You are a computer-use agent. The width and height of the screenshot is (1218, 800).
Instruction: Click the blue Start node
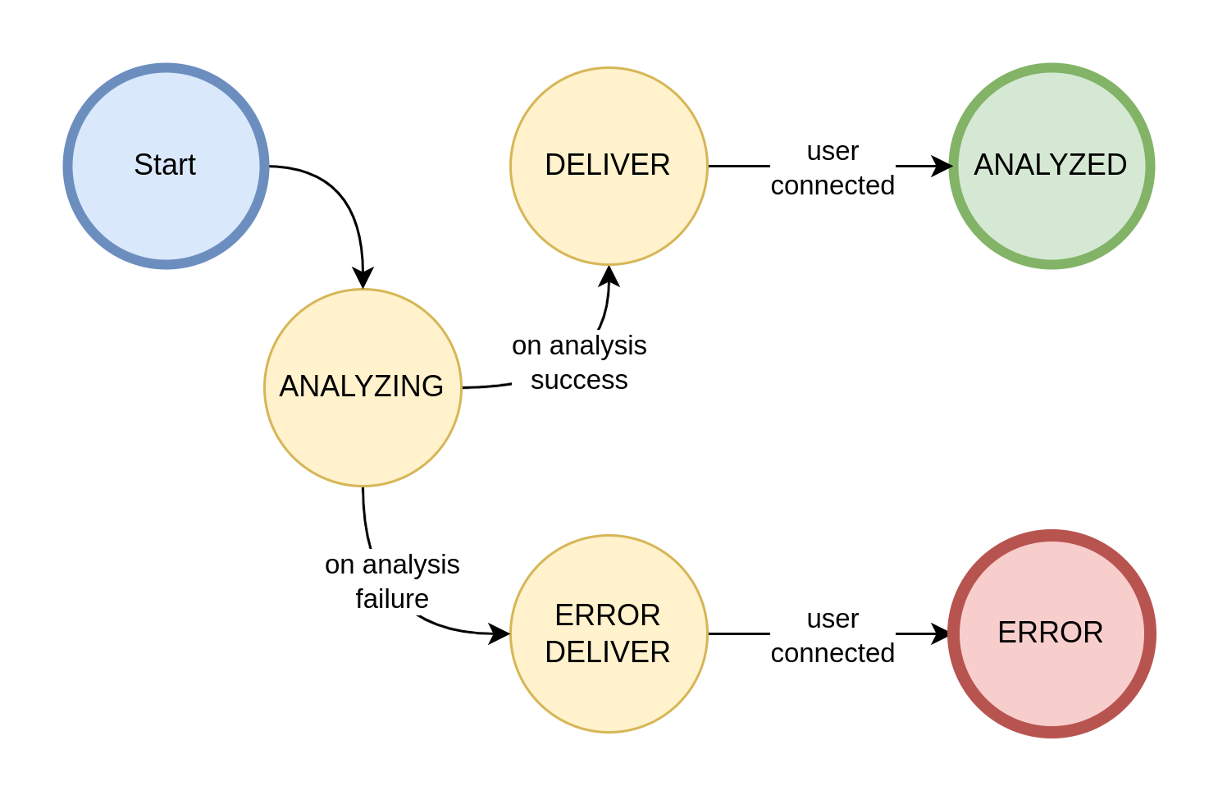click(x=166, y=166)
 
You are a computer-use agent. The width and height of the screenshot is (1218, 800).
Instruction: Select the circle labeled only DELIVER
click(x=609, y=166)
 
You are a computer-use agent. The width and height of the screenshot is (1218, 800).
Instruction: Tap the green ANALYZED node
click(x=1051, y=166)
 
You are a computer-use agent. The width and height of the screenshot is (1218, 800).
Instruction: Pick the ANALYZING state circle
click(x=363, y=387)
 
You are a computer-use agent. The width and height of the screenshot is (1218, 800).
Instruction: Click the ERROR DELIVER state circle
click(x=609, y=633)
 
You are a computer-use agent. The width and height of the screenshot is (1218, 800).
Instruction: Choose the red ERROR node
click(x=1051, y=633)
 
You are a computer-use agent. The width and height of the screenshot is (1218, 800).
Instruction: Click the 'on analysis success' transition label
click(x=579, y=363)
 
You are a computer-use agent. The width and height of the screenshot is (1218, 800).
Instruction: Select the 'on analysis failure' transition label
click(x=392, y=582)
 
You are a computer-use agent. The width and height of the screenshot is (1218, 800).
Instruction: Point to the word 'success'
click(x=579, y=380)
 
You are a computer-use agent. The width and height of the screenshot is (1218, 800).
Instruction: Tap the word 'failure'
click(x=392, y=599)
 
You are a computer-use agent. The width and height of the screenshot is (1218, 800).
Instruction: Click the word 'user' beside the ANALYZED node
click(x=833, y=152)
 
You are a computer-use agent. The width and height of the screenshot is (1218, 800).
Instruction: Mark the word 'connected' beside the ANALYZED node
click(x=833, y=185)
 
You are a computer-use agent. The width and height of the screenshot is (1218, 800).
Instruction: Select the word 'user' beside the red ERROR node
click(x=833, y=619)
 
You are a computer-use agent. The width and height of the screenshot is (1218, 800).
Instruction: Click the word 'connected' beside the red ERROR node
click(x=833, y=653)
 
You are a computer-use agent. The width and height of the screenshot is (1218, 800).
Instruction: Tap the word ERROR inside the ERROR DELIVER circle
click(x=607, y=615)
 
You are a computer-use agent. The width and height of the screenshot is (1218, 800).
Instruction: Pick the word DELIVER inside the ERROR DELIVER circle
click(x=607, y=652)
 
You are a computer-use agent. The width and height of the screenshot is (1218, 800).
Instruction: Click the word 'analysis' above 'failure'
click(x=411, y=565)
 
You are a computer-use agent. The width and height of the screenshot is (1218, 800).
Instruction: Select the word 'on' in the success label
click(x=527, y=346)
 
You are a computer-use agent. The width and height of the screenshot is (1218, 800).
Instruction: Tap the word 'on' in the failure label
click(x=340, y=565)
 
